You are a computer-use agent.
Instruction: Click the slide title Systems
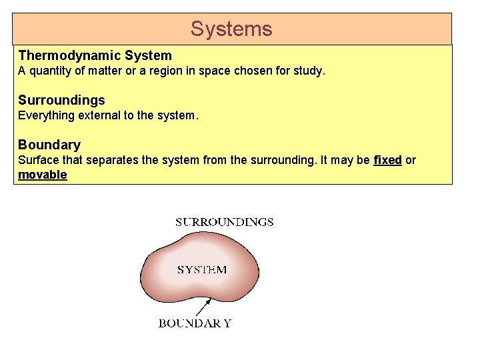pos(231,29)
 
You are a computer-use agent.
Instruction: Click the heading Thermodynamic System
pos(95,55)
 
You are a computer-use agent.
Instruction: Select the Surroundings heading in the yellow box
pos(61,100)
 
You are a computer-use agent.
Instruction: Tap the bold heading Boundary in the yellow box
pos(49,145)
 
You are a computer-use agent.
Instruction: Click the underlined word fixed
pos(387,161)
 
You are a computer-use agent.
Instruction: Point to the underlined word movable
pos(43,175)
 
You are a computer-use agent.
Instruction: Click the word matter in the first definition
pos(102,71)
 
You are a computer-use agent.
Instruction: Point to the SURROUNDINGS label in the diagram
pos(224,222)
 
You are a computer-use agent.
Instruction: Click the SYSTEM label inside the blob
pos(201,270)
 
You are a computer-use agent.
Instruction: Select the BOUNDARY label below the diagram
pos(195,323)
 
